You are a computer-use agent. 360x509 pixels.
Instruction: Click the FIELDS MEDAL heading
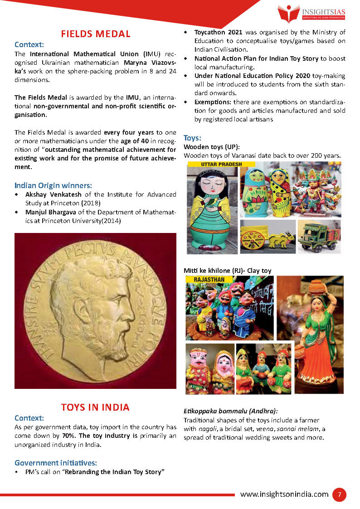[x=96, y=34]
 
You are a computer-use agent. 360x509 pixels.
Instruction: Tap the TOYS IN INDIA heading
[x=95, y=407]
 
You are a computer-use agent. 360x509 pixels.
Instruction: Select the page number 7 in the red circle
[x=339, y=494]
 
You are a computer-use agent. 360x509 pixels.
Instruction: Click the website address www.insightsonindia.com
[x=284, y=494]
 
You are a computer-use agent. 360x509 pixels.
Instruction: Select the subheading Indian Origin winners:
[x=53, y=185]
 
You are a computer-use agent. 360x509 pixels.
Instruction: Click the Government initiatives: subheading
[x=56, y=463]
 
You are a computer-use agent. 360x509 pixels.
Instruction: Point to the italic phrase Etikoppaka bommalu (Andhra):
[x=230, y=411]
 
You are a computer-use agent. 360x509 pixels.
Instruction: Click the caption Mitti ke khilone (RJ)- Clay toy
[x=227, y=271]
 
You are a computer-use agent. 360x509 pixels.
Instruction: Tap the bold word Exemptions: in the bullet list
[x=213, y=102]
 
